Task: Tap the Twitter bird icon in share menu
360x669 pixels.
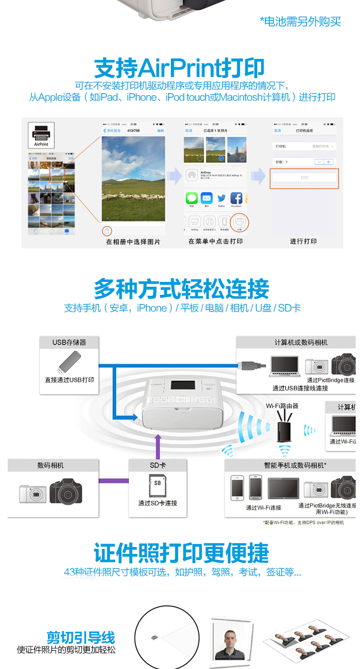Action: pos(221,198)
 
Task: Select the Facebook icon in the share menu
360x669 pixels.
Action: pos(236,198)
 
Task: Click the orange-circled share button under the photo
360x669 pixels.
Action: pos(107,231)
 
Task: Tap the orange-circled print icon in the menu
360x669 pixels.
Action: pos(240,221)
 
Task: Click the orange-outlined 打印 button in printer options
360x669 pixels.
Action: pos(304,178)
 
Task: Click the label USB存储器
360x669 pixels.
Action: pos(69,342)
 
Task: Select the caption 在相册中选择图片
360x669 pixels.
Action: pos(133,242)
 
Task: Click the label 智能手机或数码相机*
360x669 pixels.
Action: pos(295,465)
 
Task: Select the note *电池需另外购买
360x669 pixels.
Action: pos(300,21)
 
